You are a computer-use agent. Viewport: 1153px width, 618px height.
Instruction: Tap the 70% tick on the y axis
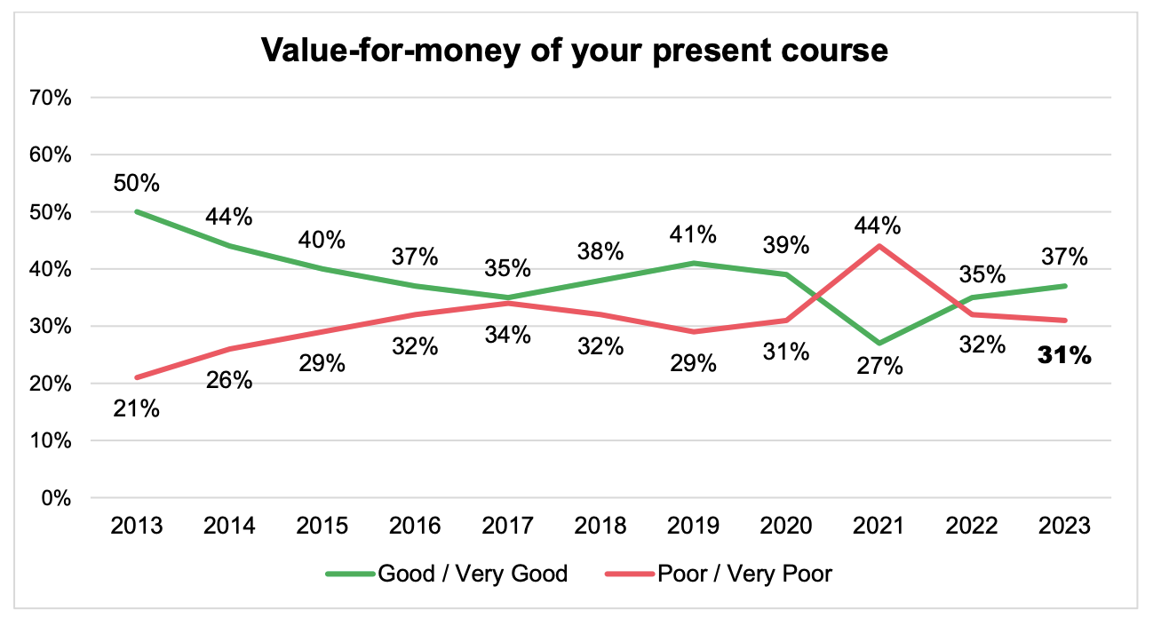[52, 98]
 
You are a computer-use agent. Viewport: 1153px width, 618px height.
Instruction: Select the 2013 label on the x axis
[137, 527]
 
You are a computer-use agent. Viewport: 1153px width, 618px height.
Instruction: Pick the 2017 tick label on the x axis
[508, 527]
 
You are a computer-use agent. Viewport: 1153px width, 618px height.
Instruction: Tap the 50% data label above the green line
[137, 184]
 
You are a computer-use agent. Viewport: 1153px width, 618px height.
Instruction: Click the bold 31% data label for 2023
[1064, 357]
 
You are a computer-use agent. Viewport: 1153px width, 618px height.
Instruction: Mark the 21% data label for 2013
[137, 409]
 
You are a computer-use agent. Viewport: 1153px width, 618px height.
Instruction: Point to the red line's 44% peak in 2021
[879, 246]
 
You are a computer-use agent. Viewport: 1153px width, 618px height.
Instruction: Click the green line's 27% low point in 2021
[879, 343]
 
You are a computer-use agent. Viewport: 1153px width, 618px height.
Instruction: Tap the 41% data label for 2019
[694, 234]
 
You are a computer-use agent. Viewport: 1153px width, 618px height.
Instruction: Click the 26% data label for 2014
[229, 381]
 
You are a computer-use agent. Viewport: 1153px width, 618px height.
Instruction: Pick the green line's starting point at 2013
[137, 212]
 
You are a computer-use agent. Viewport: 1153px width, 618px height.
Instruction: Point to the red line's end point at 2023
[1064, 321]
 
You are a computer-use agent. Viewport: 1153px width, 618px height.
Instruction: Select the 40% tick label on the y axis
[52, 269]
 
